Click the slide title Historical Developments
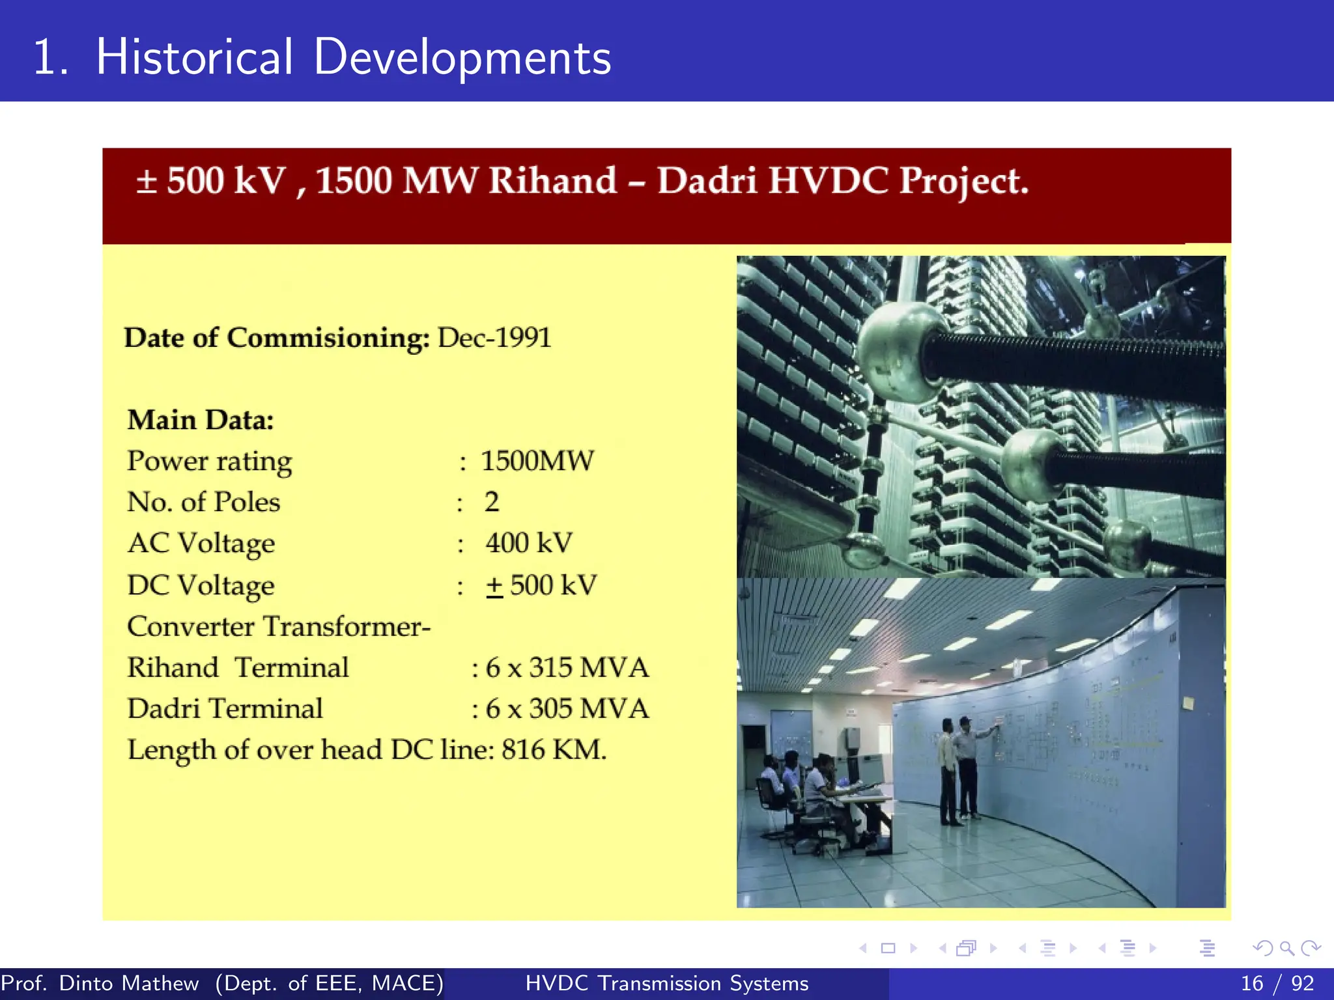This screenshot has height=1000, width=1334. click(x=322, y=57)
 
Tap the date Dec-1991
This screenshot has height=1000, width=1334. click(x=494, y=338)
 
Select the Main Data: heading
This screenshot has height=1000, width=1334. click(x=201, y=420)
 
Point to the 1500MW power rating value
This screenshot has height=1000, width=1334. click(x=537, y=461)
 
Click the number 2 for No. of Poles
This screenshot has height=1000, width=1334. click(x=492, y=502)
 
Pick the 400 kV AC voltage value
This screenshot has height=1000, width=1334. click(x=529, y=543)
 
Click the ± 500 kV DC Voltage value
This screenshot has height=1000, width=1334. click(x=541, y=585)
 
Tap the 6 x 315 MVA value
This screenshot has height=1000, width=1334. click(x=567, y=667)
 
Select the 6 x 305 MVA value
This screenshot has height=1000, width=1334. click(x=567, y=708)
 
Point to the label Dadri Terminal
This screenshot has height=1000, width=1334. click(x=225, y=708)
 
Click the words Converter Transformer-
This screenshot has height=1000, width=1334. click(x=279, y=626)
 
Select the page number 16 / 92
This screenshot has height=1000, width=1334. click(x=1277, y=983)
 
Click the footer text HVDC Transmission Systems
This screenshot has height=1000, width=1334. click(x=667, y=983)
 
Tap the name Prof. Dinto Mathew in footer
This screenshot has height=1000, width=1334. click(x=100, y=983)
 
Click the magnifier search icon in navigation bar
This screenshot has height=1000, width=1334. click(x=1286, y=948)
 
